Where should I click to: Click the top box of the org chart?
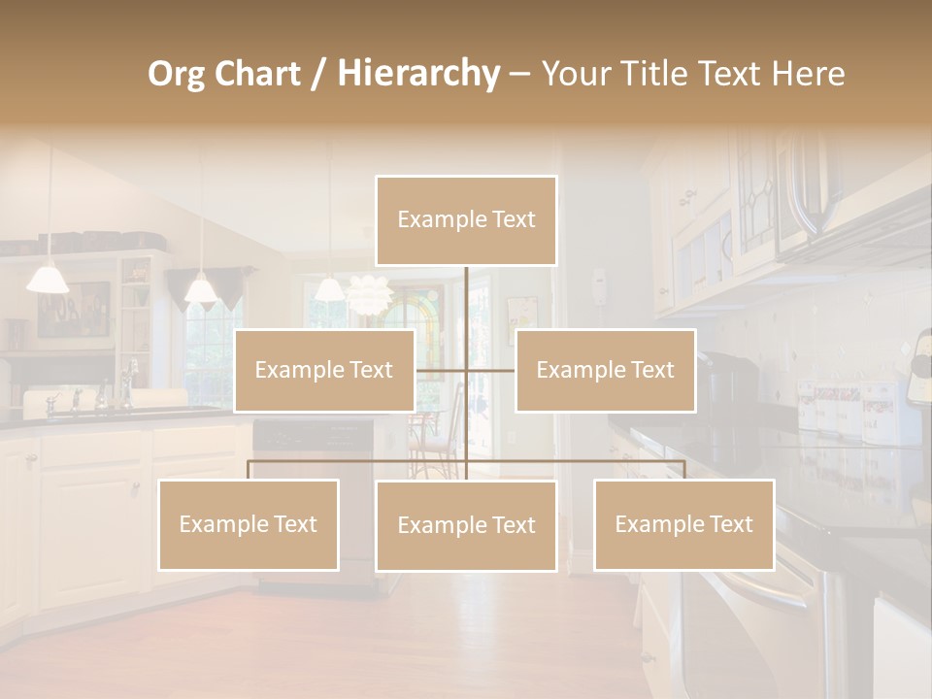[x=466, y=220]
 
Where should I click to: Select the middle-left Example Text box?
[x=323, y=370]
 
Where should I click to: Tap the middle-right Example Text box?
[x=605, y=370]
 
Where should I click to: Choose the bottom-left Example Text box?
[x=249, y=524]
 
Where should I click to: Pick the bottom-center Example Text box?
[x=466, y=525]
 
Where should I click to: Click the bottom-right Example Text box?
[x=683, y=524]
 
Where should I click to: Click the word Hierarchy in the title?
[x=417, y=73]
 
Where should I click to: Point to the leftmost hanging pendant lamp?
[x=48, y=279]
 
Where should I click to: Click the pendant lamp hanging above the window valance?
[x=200, y=288]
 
